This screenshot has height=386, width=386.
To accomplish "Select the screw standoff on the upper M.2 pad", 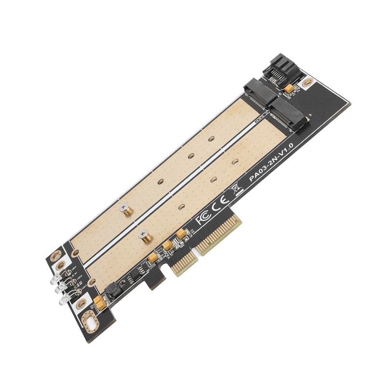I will click(x=126, y=210).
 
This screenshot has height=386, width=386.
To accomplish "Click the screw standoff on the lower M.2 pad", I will click(x=143, y=235).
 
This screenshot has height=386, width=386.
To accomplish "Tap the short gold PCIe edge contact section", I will click(x=179, y=268).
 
